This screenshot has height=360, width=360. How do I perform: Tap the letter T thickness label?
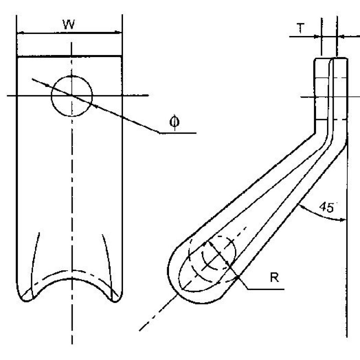tap(301, 29)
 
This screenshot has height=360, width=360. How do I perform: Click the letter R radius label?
tap(274, 277)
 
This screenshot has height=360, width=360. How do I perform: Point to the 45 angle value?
tap(326, 207)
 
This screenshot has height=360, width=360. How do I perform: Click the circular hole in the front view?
tap(72, 96)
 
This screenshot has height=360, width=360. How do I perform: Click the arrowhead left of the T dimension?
tap(317, 36)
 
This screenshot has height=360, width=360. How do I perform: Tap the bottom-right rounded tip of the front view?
tap(115, 298)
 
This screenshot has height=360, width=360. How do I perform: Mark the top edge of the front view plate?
tap(70, 57)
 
